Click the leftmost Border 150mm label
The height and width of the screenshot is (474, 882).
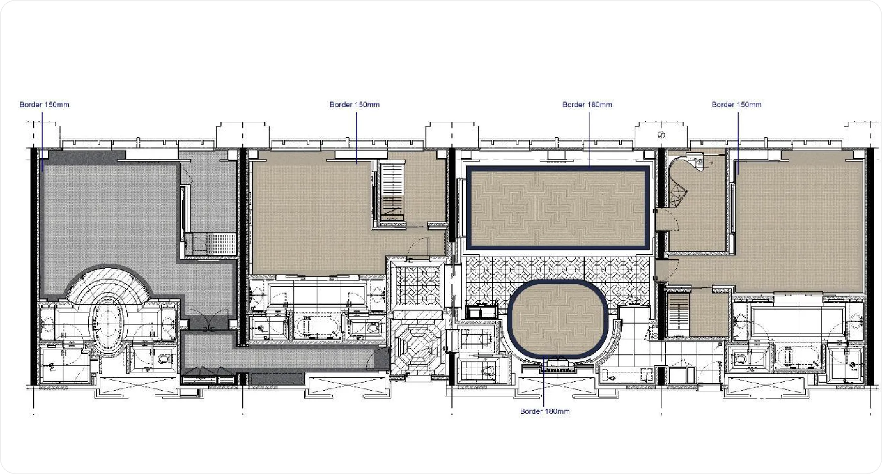(45, 104)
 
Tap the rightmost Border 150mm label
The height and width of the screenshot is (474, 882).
(736, 104)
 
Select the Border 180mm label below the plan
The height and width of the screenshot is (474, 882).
(545, 412)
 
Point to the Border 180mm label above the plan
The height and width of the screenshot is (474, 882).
(587, 104)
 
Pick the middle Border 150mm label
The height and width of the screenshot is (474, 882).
(354, 104)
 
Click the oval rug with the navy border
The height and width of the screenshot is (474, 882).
(558, 320)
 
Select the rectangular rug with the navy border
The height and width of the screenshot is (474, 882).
(558, 207)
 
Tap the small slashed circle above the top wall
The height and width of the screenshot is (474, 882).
(661, 134)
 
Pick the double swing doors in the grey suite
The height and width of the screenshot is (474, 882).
(209, 322)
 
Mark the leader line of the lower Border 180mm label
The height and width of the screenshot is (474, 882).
(543, 382)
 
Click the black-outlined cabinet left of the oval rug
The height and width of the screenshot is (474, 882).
(481, 310)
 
